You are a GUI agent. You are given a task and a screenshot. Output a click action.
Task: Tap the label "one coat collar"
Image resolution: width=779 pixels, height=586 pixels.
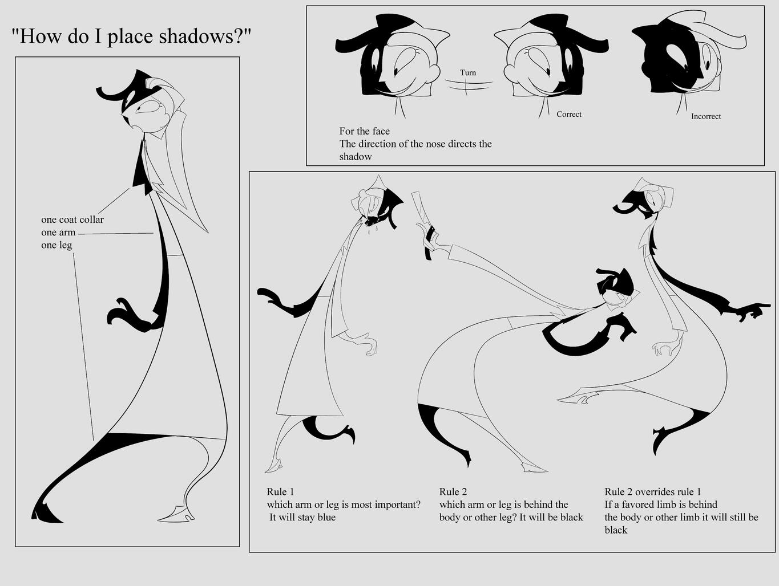(72, 220)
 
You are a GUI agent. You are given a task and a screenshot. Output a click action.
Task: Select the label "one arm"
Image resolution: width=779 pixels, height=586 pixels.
(58, 233)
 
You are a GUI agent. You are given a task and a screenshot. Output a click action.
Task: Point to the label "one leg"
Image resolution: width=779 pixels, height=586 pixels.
(56, 245)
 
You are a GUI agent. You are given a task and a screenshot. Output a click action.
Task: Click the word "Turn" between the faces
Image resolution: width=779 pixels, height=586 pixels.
(468, 72)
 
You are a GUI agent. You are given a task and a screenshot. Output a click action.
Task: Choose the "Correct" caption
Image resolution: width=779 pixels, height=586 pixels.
(569, 114)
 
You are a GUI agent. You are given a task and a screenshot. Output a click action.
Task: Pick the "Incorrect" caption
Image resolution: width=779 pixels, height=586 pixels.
(706, 116)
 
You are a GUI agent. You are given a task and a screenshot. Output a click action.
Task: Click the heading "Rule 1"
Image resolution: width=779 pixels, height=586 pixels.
(280, 492)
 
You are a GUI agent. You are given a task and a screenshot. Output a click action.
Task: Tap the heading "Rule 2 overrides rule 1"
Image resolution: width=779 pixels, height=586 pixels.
(653, 492)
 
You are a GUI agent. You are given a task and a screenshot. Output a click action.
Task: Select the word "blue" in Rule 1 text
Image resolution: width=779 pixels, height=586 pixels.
(326, 517)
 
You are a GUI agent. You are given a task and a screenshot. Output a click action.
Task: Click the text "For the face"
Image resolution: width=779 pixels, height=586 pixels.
(365, 131)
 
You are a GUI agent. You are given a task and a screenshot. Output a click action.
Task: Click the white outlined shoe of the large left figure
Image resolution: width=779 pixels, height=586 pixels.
(176, 516)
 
